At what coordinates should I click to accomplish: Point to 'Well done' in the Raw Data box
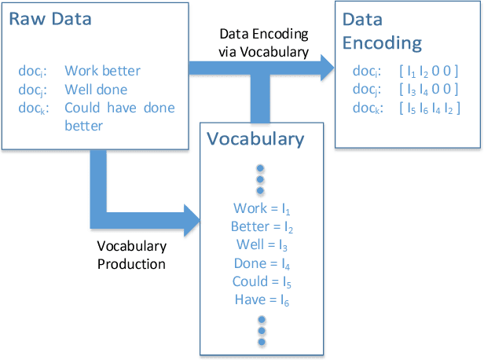[96, 89]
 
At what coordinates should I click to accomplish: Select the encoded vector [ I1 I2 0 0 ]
[429, 71]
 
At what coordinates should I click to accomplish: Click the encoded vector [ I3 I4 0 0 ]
[429, 89]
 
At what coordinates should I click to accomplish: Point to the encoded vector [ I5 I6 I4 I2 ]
[429, 108]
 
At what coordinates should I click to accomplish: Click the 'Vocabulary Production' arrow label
[131, 255]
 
